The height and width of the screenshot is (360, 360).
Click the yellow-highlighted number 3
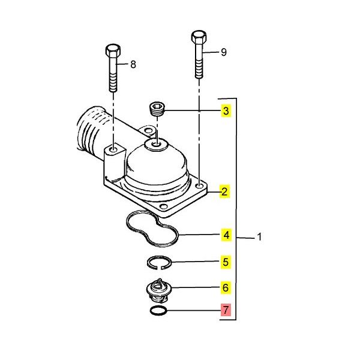(226, 111)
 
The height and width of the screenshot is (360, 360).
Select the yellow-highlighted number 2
(224, 191)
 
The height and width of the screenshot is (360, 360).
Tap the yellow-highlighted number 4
(226, 235)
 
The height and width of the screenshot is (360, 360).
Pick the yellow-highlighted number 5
(226, 262)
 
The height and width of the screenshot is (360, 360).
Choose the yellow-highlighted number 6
(226, 287)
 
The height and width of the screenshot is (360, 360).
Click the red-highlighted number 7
(226, 310)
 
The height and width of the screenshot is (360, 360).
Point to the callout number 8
(133, 64)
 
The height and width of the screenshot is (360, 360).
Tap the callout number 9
(224, 52)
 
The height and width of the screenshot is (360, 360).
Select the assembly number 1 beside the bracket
(259, 237)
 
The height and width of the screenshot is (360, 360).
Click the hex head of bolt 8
(113, 51)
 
